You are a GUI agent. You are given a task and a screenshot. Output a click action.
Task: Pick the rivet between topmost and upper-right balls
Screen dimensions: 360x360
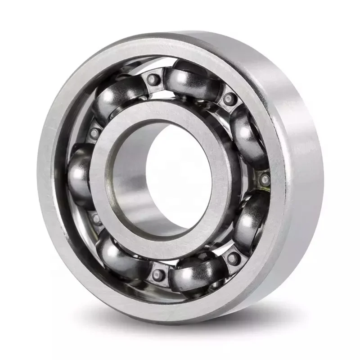[230, 98]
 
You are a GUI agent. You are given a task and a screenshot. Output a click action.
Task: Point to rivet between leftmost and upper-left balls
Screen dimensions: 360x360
[94, 132]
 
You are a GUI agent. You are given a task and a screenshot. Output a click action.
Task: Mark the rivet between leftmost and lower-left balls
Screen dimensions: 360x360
[96, 219]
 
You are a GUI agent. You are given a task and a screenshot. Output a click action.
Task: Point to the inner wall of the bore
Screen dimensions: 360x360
[130, 189]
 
